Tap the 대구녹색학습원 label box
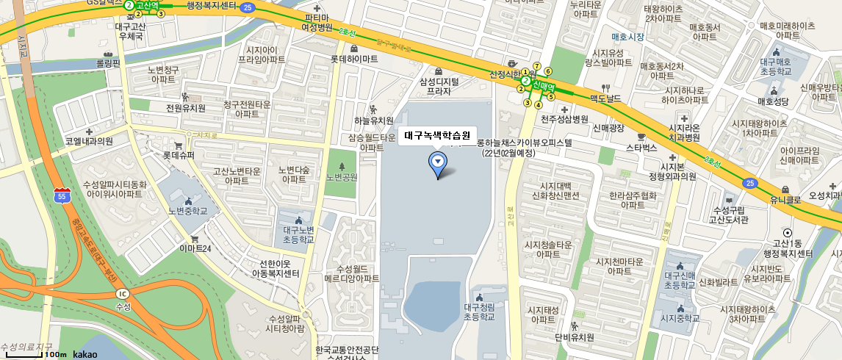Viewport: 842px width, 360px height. tap(437, 136)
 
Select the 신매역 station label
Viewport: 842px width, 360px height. tap(544, 85)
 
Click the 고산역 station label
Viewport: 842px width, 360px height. tap(148, 5)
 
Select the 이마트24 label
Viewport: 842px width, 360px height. tap(195, 249)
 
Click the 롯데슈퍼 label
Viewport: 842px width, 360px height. tap(179, 155)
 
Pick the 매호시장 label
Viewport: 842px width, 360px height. tap(627, 36)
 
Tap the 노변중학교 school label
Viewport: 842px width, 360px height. tap(188, 210)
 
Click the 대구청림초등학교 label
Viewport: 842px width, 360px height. tap(479, 312)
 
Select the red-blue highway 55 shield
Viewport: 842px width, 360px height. tap(62, 195)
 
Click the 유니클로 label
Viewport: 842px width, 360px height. tap(785, 199)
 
